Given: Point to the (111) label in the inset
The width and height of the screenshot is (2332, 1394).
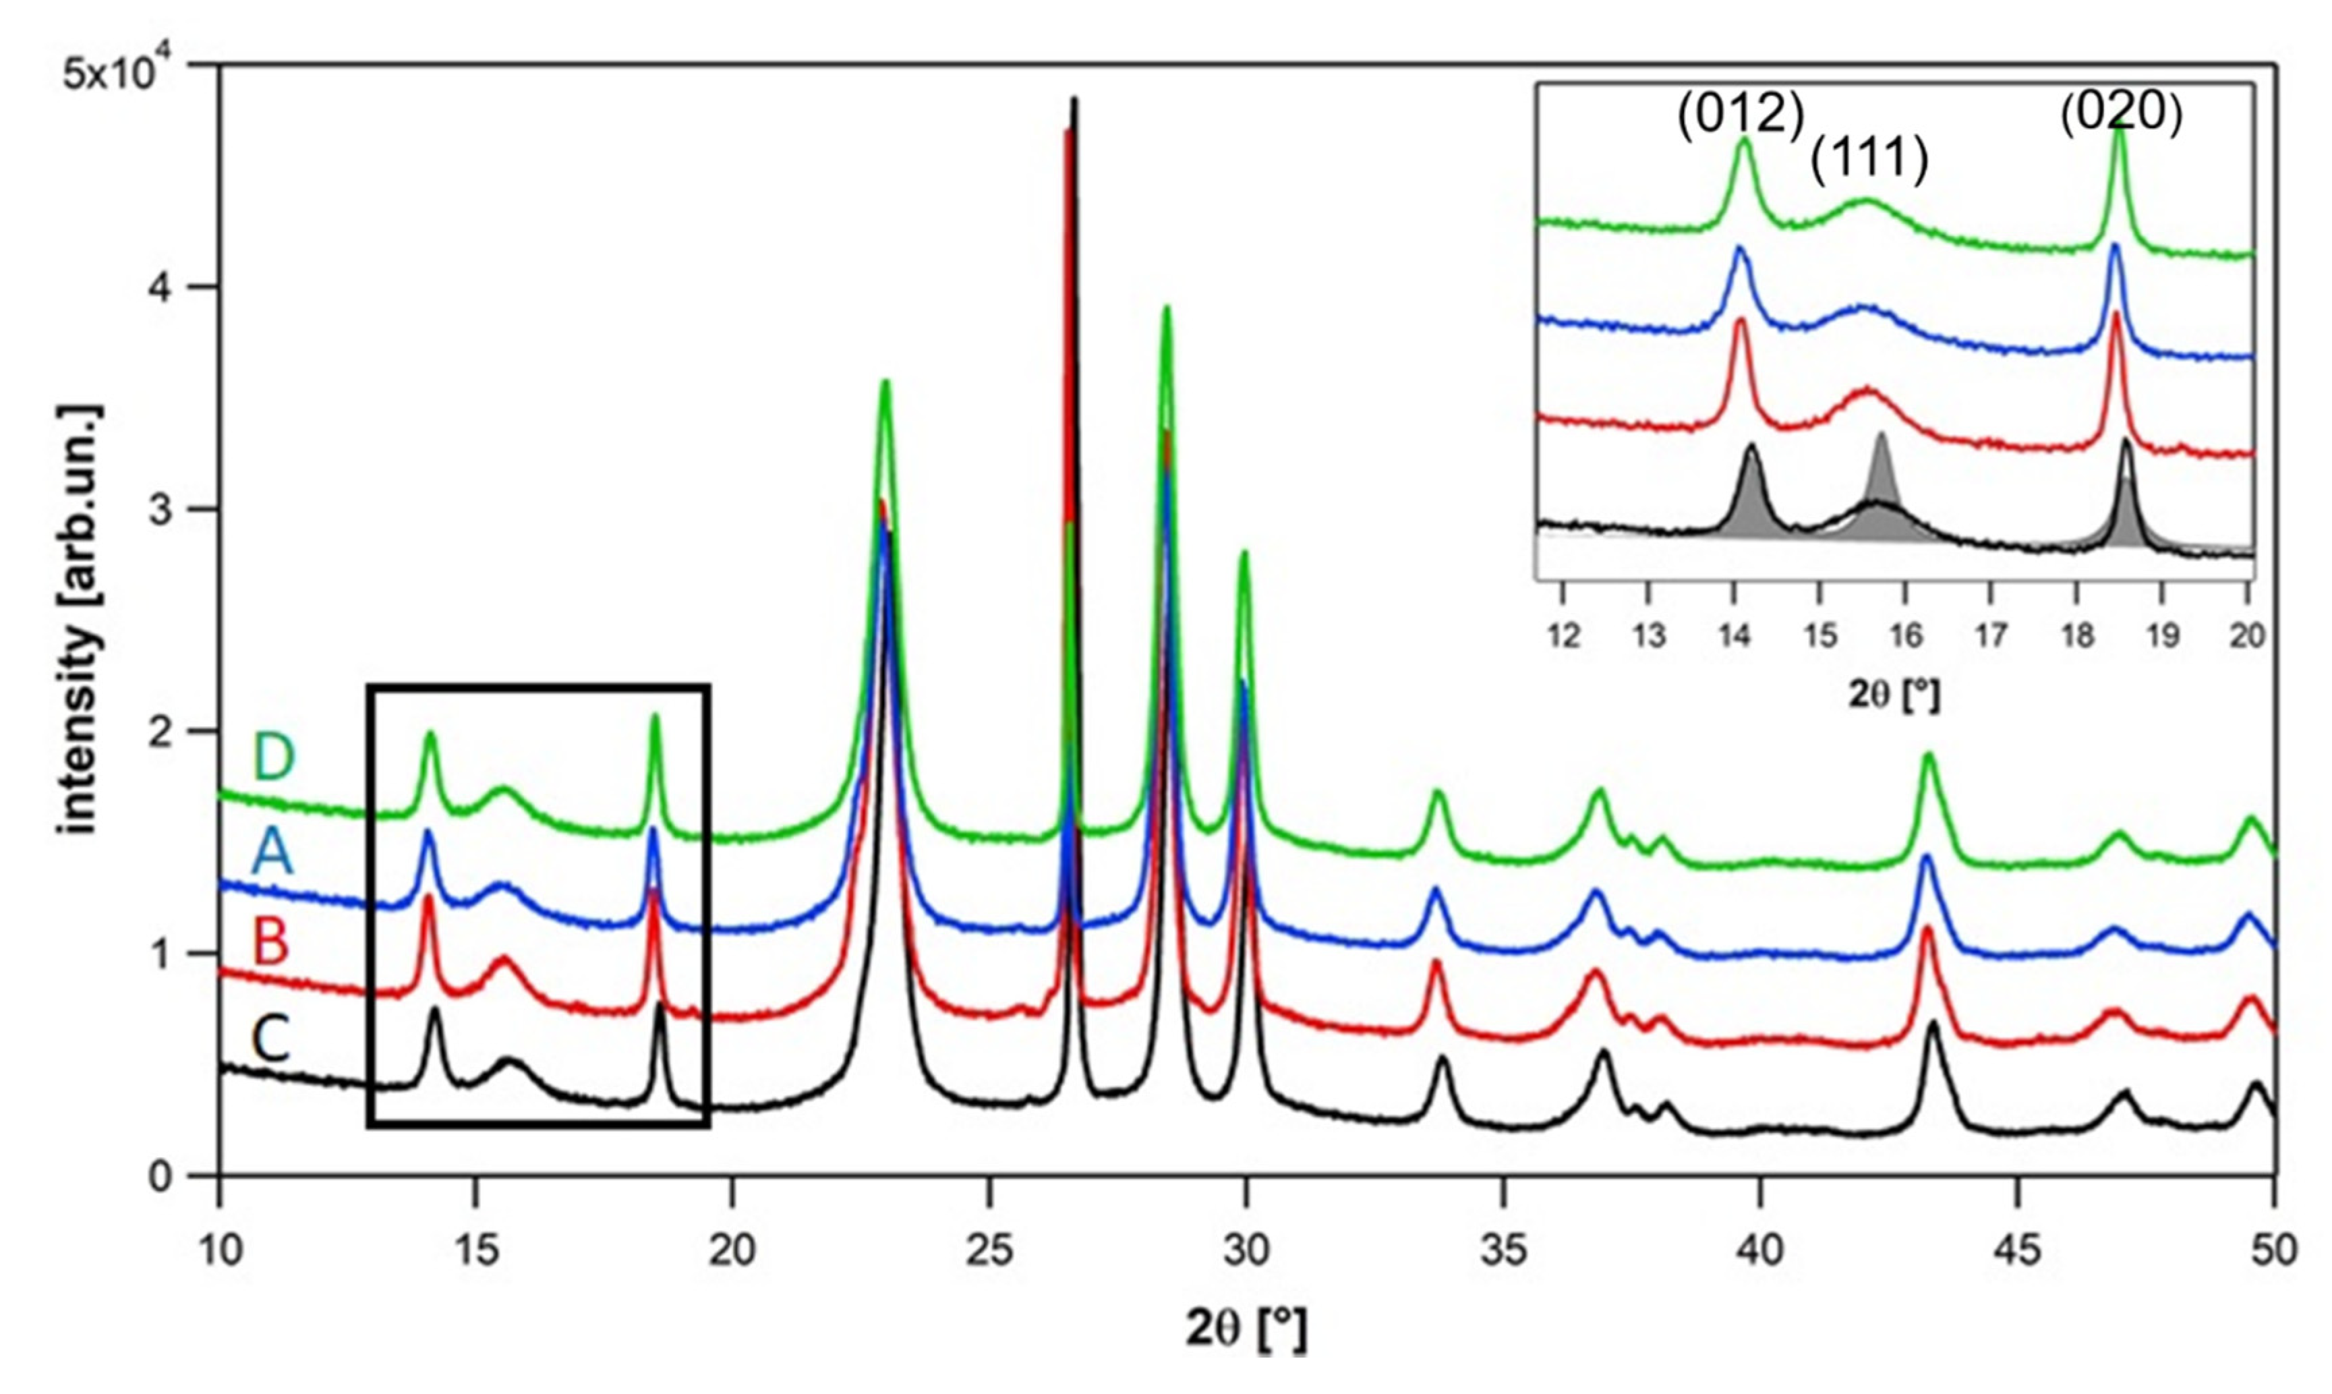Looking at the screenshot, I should tap(1869, 161).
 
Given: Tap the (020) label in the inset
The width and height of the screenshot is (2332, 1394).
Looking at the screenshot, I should tap(2121, 115).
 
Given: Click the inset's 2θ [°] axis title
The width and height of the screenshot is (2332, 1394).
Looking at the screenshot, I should tap(1894, 696).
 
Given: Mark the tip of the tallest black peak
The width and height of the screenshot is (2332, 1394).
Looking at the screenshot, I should tap(1074, 98).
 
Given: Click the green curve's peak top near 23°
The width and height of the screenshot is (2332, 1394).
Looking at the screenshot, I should tap(885, 382).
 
